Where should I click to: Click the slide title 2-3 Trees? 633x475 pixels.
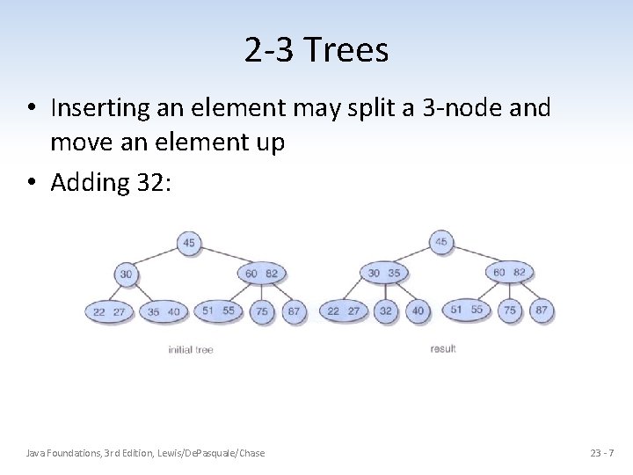tap(316, 50)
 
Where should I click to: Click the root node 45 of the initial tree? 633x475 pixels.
tap(189, 243)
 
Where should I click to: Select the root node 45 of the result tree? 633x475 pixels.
tap(440, 243)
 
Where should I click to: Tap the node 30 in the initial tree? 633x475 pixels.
tap(127, 274)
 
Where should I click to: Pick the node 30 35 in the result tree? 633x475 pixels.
tap(383, 274)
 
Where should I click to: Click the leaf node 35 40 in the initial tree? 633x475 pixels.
tap(164, 311)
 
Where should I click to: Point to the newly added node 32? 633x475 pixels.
tap(386, 311)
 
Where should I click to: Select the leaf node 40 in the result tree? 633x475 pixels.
tap(418, 311)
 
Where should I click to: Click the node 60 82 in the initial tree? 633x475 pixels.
tap(261, 274)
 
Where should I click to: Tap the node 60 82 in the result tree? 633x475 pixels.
tap(510, 273)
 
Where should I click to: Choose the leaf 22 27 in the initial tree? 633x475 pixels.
tap(109, 311)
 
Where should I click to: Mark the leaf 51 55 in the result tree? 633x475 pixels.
tap(466, 310)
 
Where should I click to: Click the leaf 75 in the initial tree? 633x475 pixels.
tap(261, 311)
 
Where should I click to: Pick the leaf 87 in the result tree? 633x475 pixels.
tap(542, 311)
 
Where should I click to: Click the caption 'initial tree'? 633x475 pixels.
tap(191, 350)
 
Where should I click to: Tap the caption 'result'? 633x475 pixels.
tap(443, 349)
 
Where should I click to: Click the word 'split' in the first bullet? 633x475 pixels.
tap(405, 108)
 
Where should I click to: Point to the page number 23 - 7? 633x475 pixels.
tap(602, 453)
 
